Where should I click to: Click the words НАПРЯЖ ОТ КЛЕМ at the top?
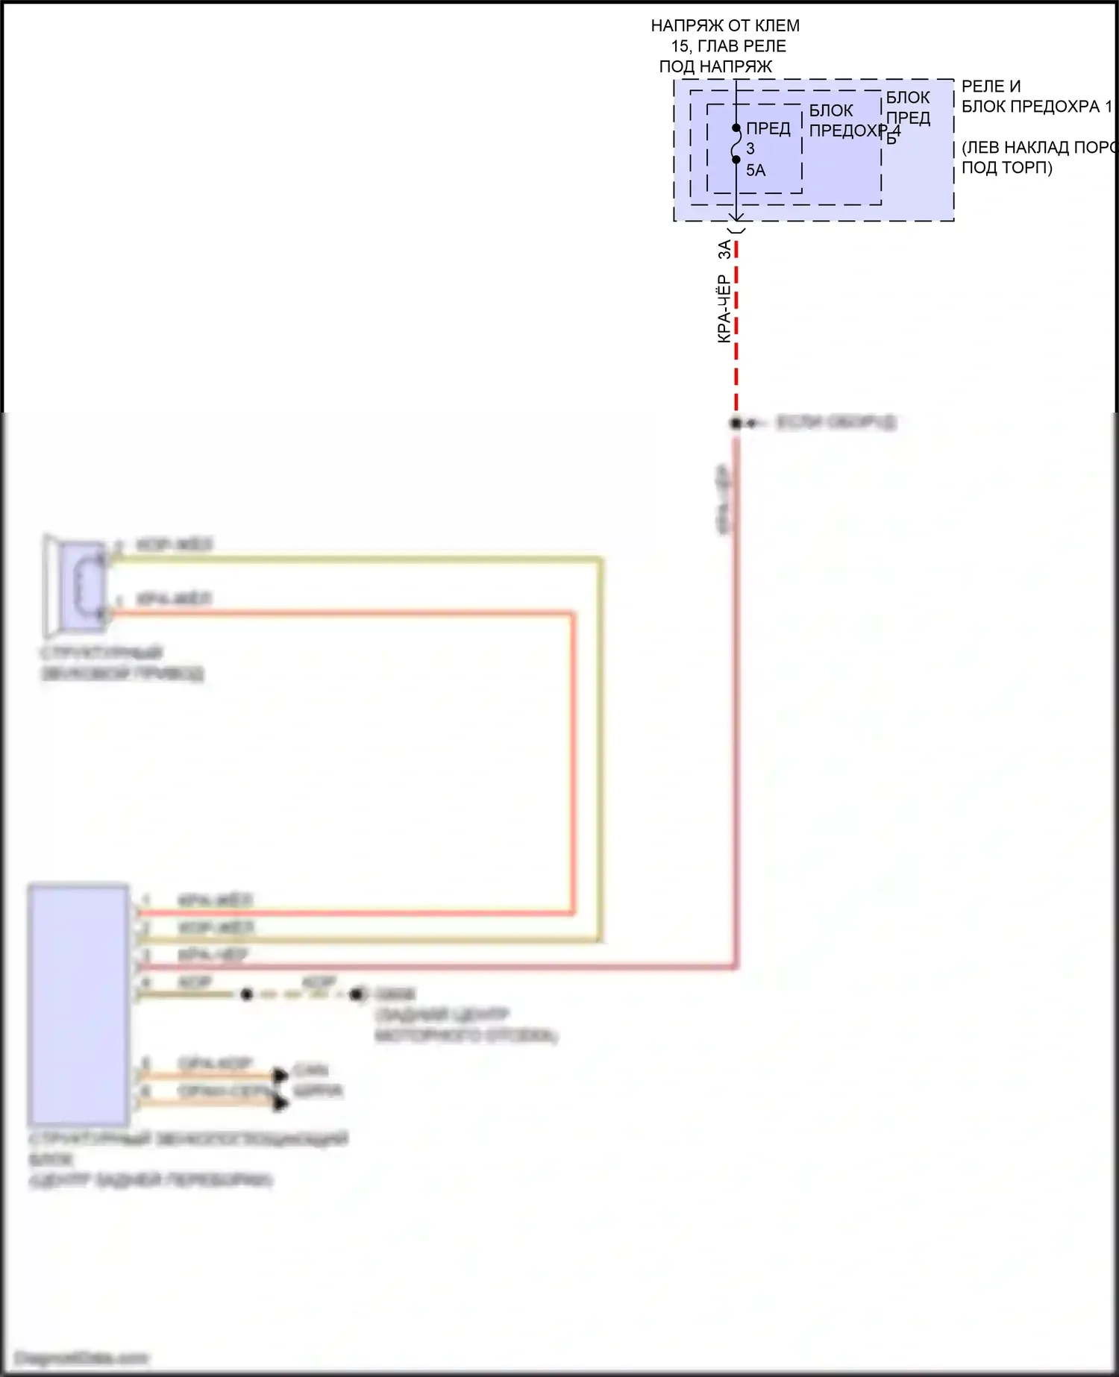click(x=724, y=25)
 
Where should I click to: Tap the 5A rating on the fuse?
click(x=755, y=170)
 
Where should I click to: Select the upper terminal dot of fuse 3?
click(x=736, y=128)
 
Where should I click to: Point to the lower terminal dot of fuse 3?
click(x=736, y=159)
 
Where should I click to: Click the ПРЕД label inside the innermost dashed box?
click(x=768, y=128)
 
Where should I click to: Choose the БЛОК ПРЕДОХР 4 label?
click(x=850, y=121)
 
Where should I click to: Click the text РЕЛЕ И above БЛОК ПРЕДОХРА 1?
click(x=991, y=87)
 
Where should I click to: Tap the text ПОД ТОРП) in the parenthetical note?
click(x=1006, y=167)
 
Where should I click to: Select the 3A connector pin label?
click(x=724, y=249)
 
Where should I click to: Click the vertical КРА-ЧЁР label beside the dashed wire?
click(x=723, y=309)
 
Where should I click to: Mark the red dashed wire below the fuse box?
click(x=736, y=328)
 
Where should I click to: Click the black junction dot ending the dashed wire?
click(x=736, y=423)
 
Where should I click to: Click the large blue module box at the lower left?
click(x=78, y=1003)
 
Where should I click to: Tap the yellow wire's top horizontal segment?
click(x=358, y=558)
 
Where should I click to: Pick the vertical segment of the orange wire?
click(x=573, y=761)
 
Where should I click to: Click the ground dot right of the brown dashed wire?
click(x=357, y=994)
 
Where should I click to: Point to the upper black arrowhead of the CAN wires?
click(x=280, y=1075)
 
